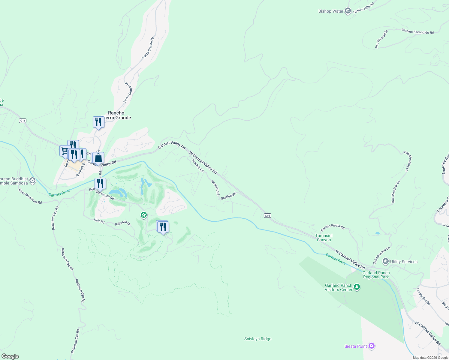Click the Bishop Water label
331,11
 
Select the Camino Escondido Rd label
417,31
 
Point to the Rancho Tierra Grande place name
116,115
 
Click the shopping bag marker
98,157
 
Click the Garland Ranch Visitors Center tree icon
357,287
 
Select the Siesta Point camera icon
372,346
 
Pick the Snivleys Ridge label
258,339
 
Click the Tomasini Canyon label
324,238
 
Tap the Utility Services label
404,262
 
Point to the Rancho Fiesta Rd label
333,227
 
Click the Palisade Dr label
123,224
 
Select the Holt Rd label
99,221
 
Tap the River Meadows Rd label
30,196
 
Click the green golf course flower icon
144,215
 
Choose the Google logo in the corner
10,356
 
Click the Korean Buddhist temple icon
33,181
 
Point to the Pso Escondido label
381,39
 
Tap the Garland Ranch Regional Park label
376,275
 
